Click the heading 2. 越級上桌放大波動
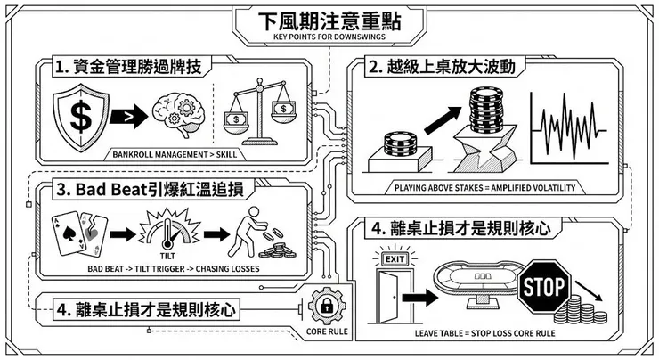click(x=443, y=68)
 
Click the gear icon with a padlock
click(x=326, y=308)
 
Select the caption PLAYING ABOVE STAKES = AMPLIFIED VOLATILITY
click(x=486, y=188)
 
